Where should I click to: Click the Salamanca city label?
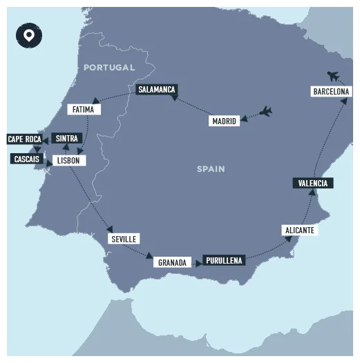coord(156,90)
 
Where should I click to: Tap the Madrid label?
coord(225,121)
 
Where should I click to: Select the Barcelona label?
coord(331,91)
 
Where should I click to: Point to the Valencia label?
coord(313,183)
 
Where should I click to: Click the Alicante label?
coord(299,230)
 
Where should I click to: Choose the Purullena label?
coord(223,260)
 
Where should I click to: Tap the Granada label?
coord(172,262)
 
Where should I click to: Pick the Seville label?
coord(124,239)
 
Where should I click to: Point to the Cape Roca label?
coord(24,139)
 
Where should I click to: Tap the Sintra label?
coord(66,138)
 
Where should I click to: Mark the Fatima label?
coord(83,109)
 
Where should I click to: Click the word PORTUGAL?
coord(109,67)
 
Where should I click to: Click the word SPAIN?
coord(211,168)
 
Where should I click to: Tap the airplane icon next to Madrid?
coord(264,112)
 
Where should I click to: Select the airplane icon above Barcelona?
coord(334,75)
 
